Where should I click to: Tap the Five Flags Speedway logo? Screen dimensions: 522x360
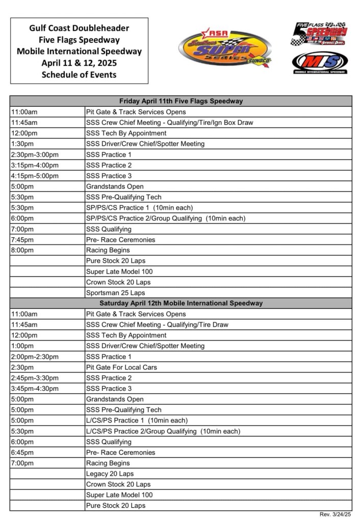(319, 34)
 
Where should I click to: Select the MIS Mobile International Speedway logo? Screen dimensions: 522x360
(320, 62)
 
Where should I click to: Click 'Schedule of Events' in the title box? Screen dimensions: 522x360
(79, 74)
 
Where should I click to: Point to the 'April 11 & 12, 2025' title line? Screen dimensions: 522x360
(79, 63)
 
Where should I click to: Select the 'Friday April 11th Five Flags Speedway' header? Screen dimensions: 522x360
(181, 101)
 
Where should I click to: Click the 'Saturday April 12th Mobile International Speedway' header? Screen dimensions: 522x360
(181, 303)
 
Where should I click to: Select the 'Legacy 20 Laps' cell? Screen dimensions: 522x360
(110, 474)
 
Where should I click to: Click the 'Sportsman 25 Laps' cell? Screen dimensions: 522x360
(115, 293)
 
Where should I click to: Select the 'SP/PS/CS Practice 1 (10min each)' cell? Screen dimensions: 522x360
(139, 208)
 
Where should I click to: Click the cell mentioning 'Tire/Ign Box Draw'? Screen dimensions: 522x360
(169, 122)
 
